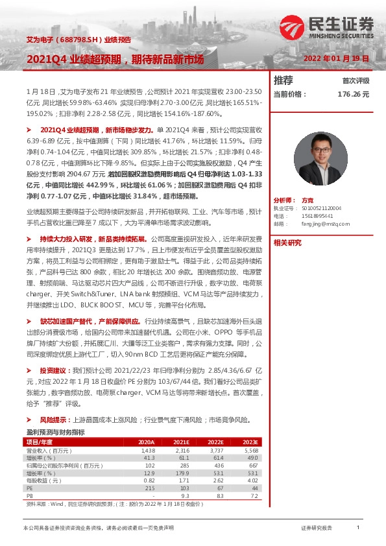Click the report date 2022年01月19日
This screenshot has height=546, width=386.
(337, 58)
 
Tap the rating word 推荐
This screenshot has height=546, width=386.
(283, 80)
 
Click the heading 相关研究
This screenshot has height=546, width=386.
(287, 243)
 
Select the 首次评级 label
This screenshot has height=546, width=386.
(356, 81)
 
